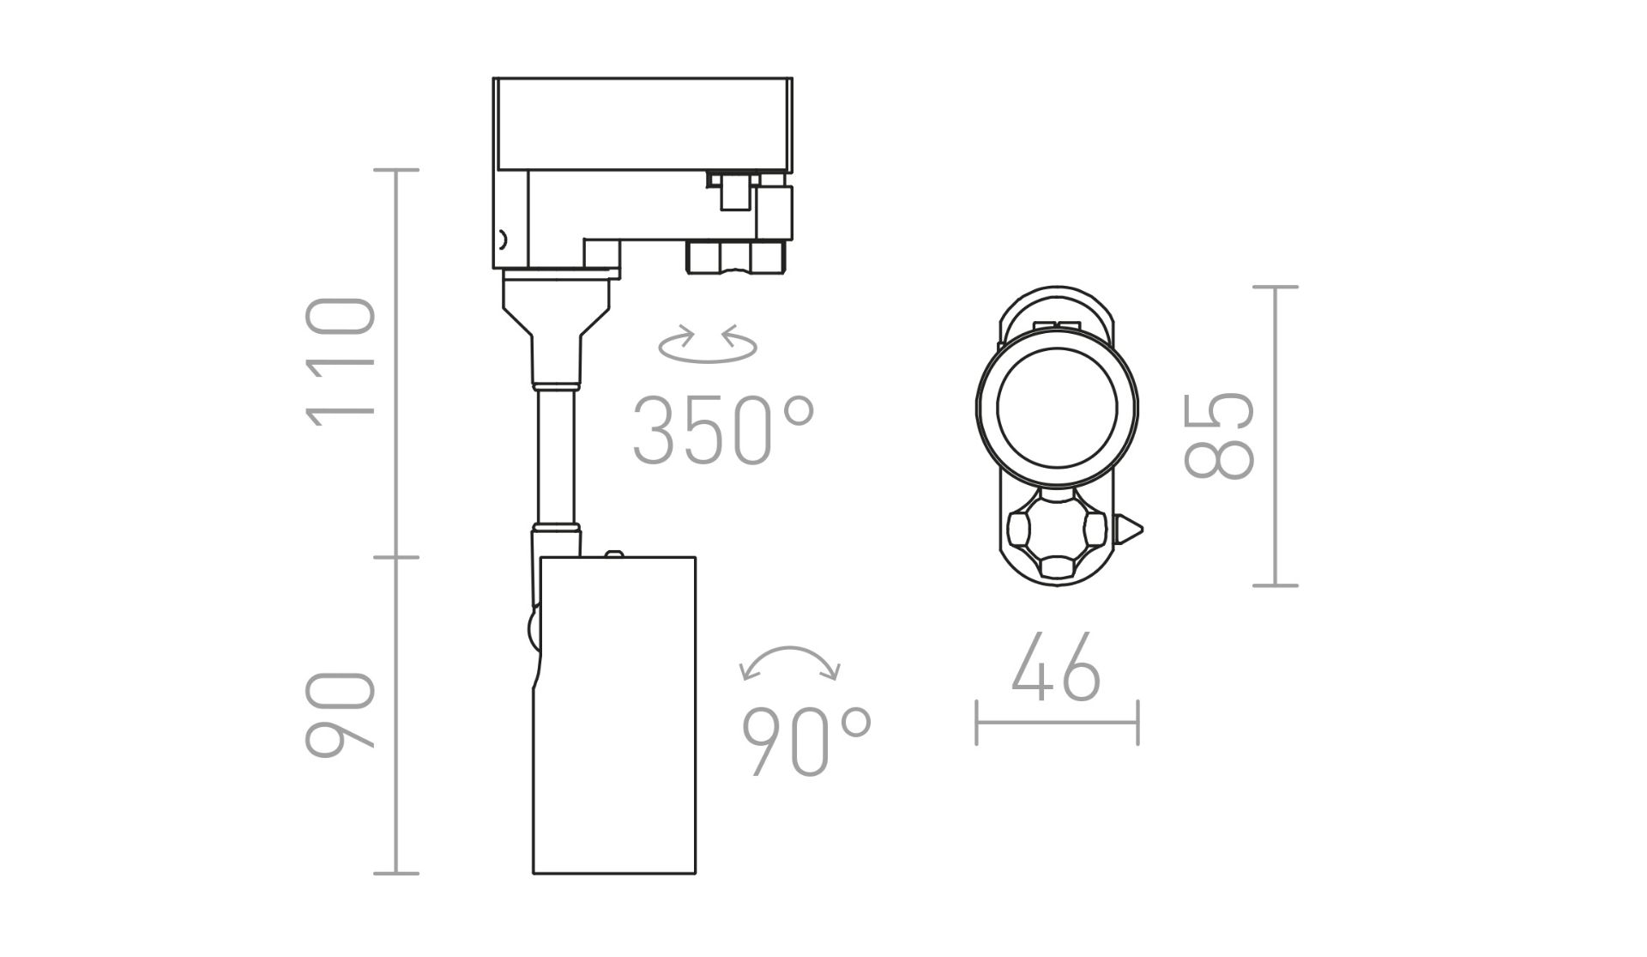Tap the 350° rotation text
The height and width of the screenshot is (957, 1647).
(723, 431)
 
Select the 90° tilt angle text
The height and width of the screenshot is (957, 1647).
(806, 742)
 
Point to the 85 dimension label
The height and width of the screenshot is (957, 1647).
(1219, 435)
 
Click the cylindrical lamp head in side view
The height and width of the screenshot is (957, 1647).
(614, 715)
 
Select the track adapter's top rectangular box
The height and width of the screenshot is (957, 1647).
(643, 124)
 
